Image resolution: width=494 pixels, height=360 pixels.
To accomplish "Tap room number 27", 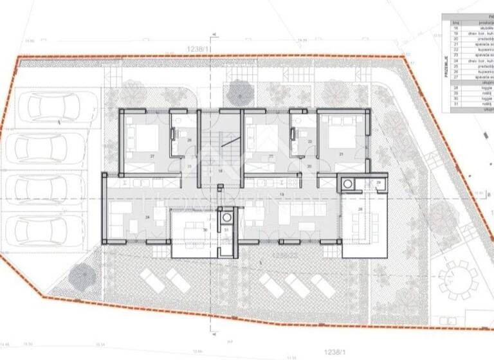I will click(x=152, y=156).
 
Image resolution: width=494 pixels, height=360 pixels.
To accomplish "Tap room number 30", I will click(x=205, y=229).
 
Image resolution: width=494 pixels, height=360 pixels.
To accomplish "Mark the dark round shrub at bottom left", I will click(x=81, y=277).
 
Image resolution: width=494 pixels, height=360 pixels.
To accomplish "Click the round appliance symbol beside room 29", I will click(x=348, y=184).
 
